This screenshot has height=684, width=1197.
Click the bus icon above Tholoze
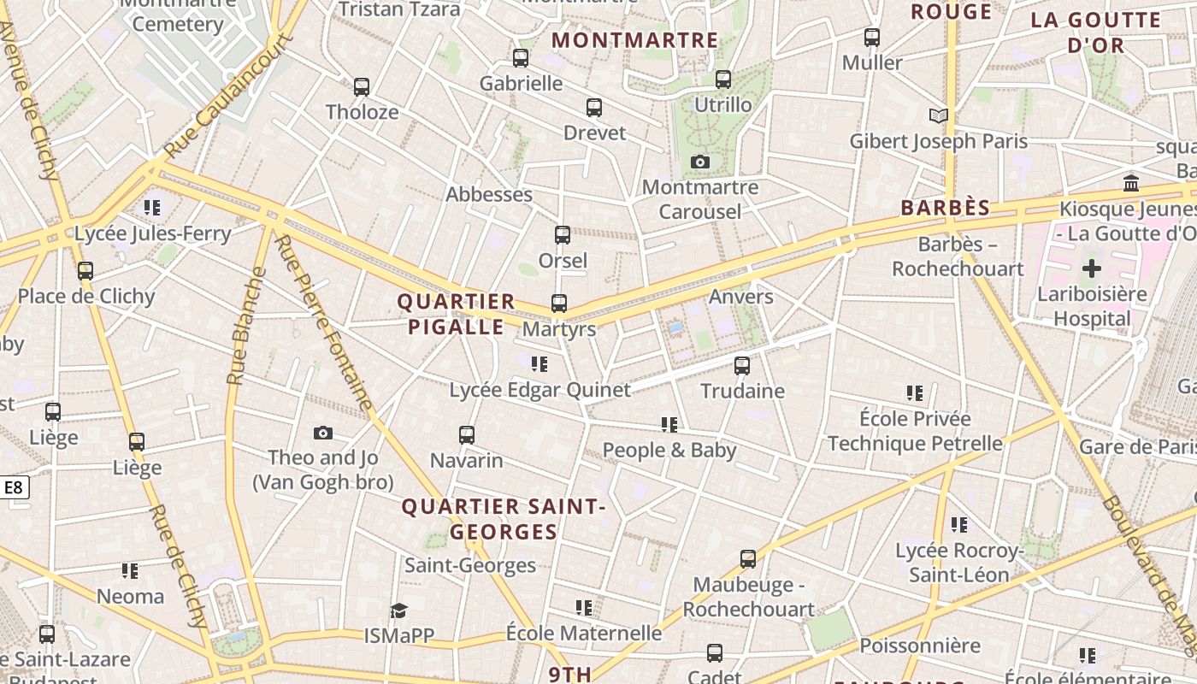(362, 87)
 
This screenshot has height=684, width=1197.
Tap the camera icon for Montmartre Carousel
(700, 162)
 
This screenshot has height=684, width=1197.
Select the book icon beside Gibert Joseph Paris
(939, 115)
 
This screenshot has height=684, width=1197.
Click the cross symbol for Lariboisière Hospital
(1092, 269)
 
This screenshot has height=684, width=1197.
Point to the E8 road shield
(15, 488)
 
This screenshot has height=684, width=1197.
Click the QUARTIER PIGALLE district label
(457, 314)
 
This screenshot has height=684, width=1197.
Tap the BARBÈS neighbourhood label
(945, 208)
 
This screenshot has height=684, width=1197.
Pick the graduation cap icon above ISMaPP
(398, 610)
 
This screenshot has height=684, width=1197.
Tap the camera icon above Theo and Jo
(322, 433)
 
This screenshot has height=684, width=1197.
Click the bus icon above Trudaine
(742, 366)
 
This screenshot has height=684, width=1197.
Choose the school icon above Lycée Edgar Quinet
(540, 365)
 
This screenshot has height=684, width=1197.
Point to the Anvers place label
(740, 297)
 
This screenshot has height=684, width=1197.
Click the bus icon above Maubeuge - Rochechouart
(748, 559)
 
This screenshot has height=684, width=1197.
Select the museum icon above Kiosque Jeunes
(1132, 183)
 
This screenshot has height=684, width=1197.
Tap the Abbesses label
(489, 194)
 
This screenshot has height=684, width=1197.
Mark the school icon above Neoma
(130, 570)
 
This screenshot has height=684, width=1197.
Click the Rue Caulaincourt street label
(227, 95)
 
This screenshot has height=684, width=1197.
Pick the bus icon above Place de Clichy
(85, 271)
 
